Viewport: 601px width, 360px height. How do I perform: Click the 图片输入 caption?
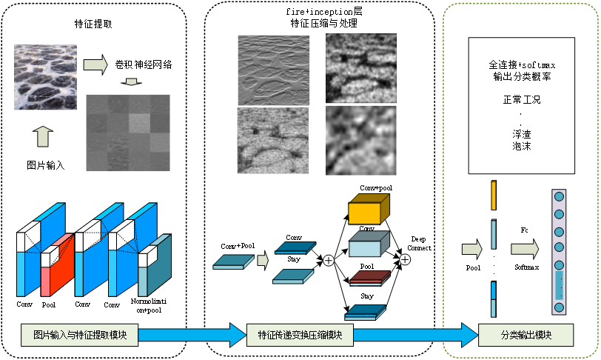45,164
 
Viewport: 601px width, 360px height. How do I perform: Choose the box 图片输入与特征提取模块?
75,334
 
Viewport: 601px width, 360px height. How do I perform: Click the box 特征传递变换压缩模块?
295,334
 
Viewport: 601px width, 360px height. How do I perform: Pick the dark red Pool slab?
368,278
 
